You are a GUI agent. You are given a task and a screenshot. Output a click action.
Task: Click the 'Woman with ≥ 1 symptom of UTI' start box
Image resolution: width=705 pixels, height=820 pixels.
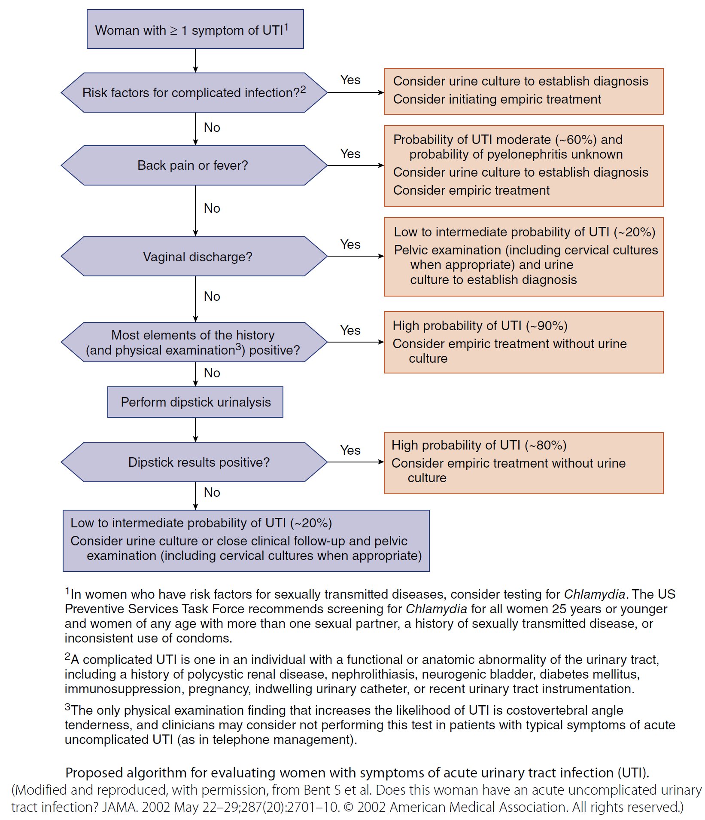tap(195, 29)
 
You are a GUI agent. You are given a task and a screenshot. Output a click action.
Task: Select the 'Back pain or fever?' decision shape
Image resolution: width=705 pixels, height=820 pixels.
tap(194, 165)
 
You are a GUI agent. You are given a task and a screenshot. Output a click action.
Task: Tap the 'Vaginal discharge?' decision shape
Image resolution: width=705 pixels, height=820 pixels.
tap(194, 257)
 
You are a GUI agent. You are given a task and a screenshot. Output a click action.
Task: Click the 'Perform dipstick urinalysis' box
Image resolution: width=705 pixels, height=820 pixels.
tap(195, 402)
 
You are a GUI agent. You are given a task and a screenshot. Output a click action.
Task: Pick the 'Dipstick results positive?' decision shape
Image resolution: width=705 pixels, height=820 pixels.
tap(194, 462)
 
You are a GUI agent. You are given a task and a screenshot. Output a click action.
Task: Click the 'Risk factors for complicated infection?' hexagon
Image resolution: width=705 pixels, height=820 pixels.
tap(194, 93)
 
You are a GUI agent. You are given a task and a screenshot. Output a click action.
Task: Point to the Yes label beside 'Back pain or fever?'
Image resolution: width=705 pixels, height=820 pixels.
tap(350, 154)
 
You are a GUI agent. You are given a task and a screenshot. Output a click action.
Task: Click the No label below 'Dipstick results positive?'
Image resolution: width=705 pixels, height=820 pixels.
tap(212, 493)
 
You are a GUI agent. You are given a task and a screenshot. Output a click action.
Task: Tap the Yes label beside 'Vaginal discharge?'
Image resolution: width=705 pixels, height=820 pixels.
tap(350, 245)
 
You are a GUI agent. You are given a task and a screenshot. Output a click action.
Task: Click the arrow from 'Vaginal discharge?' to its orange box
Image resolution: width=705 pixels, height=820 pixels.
tap(356, 256)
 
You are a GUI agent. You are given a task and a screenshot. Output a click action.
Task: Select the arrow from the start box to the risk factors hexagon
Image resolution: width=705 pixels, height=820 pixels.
tap(195, 61)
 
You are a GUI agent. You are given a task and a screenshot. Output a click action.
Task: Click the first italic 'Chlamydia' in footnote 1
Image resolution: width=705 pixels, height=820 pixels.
tap(594, 594)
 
